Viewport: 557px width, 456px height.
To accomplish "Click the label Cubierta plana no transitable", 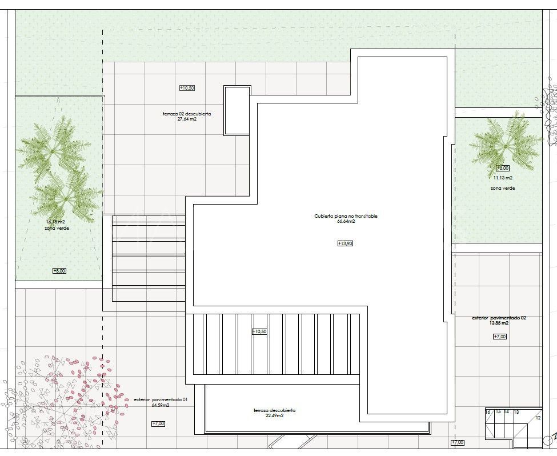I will click(346, 216).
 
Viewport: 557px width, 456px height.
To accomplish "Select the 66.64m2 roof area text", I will click(346, 221).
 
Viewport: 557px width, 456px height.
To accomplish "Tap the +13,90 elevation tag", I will click(345, 243).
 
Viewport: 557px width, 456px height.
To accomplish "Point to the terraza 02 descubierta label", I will click(187, 114).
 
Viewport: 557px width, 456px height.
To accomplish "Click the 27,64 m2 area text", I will click(187, 119).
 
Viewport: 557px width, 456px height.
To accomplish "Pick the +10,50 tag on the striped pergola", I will click(259, 331).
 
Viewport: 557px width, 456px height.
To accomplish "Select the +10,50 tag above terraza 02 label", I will click(187, 88).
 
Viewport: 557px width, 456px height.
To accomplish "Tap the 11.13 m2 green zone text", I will click(503, 178).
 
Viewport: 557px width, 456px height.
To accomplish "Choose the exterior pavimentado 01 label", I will click(161, 400).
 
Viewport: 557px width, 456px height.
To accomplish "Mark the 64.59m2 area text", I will click(161, 406).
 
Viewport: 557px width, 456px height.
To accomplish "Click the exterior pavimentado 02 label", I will click(499, 318).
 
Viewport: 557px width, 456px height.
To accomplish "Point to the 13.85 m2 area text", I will click(499, 323).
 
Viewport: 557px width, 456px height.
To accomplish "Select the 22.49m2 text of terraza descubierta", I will click(274, 415).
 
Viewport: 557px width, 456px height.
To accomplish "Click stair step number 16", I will click(488, 412).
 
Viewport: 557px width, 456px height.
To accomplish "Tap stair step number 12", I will click(538, 418).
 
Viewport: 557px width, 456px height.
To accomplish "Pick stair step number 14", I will click(506, 412).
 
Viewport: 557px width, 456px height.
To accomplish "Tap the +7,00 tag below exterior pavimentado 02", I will click(499, 337).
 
